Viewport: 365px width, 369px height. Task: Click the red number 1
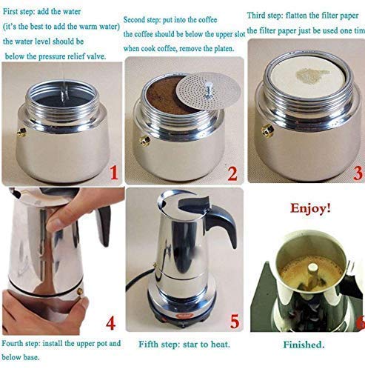tap(113, 173)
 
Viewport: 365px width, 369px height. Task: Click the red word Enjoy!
tap(309, 209)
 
